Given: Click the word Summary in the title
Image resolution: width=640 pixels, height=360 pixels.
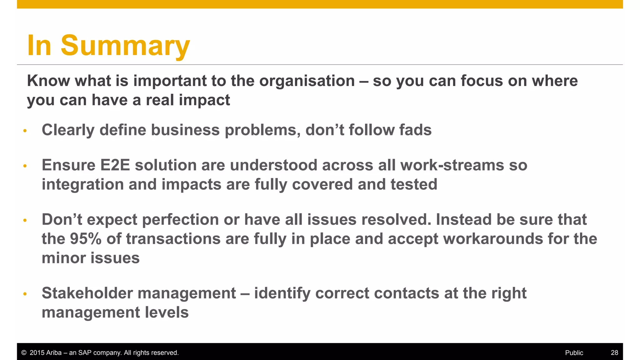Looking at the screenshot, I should click(x=125, y=46).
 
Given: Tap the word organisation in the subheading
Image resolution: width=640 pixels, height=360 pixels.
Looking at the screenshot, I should click(x=307, y=81).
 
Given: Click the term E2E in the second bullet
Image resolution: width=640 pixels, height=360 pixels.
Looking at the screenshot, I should click(x=115, y=165).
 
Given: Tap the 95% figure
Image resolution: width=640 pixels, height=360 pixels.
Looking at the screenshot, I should click(x=86, y=239).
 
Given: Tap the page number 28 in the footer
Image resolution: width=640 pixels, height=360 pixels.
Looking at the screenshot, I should click(x=614, y=353).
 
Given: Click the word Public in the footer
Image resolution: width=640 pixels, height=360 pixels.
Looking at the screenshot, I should click(x=574, y=353).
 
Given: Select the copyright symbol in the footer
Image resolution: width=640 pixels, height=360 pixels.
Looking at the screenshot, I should click(x=24, y=353).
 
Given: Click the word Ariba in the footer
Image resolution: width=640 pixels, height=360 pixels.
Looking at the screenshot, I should click(x=54, y=353).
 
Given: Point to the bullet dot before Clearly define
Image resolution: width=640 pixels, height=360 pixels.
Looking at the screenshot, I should click(x=25, y=131).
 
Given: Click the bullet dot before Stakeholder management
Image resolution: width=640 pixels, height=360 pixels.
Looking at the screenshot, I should click(x=25, y=294).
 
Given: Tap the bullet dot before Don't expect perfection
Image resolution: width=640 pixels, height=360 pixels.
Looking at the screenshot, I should click(x=25, y=221).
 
